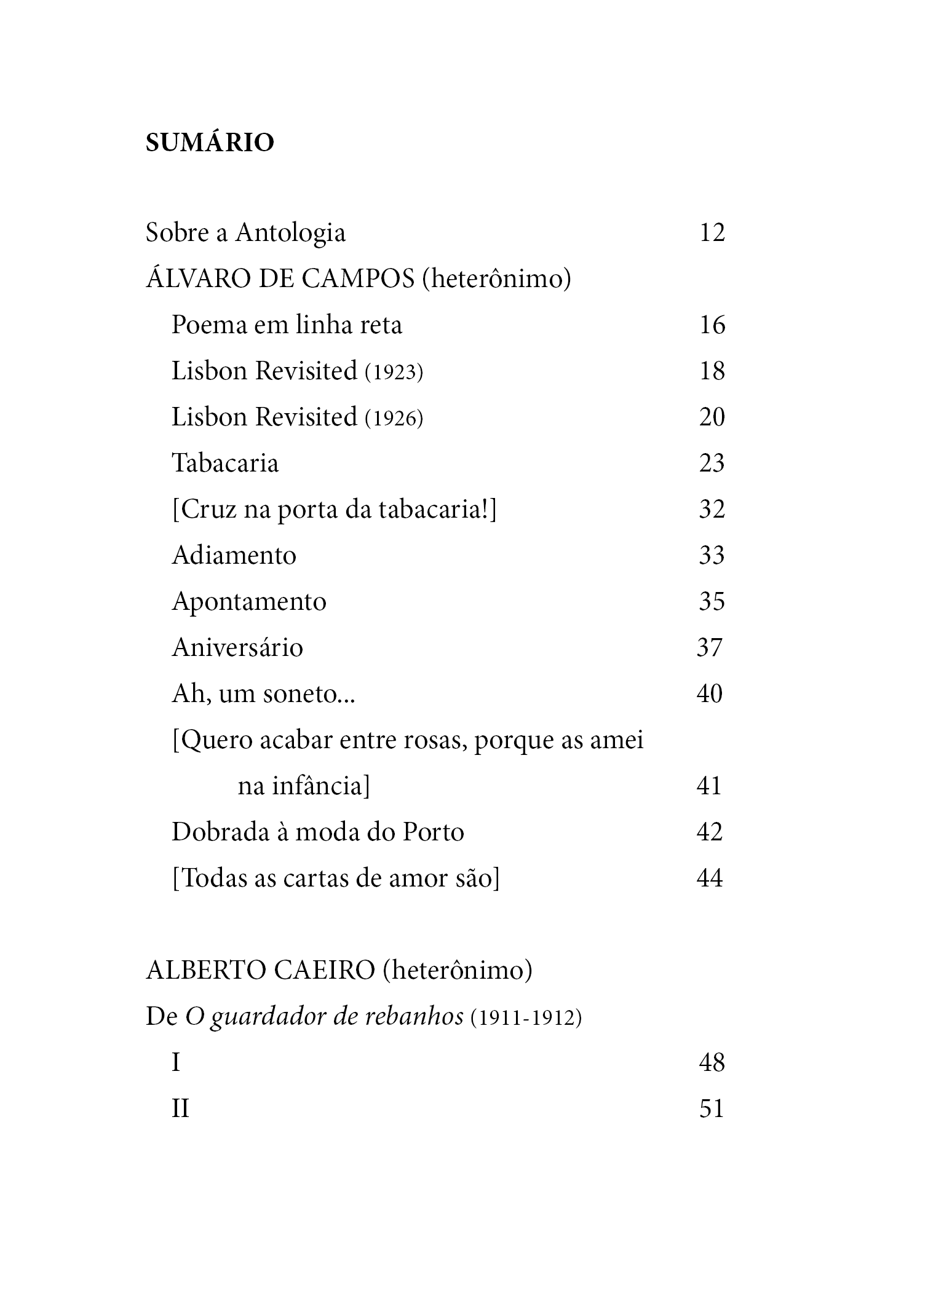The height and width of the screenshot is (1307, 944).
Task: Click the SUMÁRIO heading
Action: [x=210, y=143]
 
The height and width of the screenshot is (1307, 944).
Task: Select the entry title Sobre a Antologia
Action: [x=245, y=233]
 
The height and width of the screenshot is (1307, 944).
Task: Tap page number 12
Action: [x=712, y=232]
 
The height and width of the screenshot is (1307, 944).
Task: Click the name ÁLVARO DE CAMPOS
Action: [x=280, y=278]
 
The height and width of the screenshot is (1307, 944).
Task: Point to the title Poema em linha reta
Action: [x=287, y=325]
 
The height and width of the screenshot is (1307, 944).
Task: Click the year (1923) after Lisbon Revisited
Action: [x=394, y=372]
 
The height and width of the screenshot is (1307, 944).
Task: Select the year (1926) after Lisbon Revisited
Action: [x=394, y=418]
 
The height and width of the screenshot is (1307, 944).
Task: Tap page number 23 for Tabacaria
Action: [x=712, y=463]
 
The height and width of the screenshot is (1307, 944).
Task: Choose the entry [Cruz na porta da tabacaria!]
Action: [x=334, y=510]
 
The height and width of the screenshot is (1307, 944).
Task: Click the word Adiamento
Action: [x=234, y=555]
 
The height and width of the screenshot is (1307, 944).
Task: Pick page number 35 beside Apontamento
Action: [x=712, y=601]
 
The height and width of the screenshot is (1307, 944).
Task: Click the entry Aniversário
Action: [x=237, y=647]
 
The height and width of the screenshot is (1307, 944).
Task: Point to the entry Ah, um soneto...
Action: [x=263, y=694]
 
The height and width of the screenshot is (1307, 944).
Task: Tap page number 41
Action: [x=709, y=786]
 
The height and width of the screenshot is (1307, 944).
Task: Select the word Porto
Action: [x=434, y=832]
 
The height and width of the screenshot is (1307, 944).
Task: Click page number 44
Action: [x=709, y=878]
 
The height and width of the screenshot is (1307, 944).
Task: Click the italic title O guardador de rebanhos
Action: [x=325, y=1017]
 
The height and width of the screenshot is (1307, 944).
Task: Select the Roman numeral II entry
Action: [x=180, y=1109]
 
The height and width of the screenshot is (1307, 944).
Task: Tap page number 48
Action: [x=712, y=1063]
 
